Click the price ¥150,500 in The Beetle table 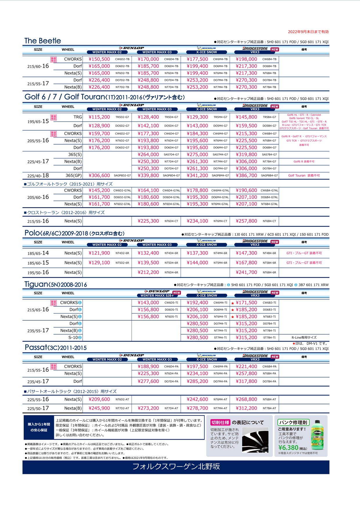(x=99, y=59)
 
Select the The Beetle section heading (x=43, y=41)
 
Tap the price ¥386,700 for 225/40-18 (x=246, y=176)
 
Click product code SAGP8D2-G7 (x=122, y=176)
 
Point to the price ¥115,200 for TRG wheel (x=99, y=117)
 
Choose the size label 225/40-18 (x=38, y=176)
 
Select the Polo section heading (x=74, y=233)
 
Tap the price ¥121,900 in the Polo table (x=99, y=253)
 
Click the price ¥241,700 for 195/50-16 (x=246, y=272)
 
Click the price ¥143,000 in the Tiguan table (x=148, y=303)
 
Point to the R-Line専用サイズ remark (x=304, y=337)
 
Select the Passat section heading (x=55, y=348)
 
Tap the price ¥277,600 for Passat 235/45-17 (x=148, y=381)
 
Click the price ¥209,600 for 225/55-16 (x=99, y=399)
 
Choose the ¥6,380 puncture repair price (x=288, y=448)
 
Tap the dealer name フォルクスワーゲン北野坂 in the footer (x=176, y=467)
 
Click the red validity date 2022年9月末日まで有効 (x=308, y=32)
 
